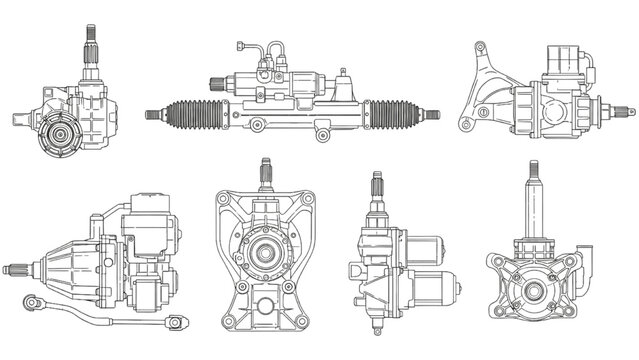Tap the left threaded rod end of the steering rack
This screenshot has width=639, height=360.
pos(154,114)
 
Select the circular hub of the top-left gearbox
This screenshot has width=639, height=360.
pos(60,134)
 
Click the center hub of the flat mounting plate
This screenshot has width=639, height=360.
pos(266,251)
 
